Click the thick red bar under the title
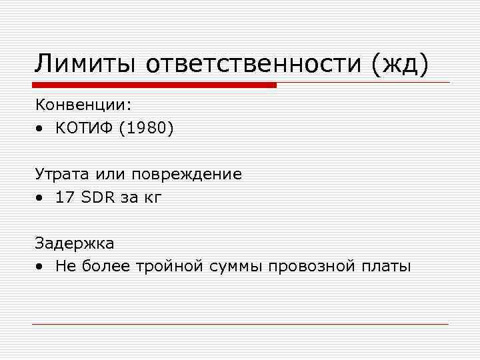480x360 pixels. click(x=154, y=85)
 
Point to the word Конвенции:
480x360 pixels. click(x=84, y=105)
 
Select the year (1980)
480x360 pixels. click(x=147, y=128)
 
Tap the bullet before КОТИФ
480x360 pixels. click(x=41, y=129)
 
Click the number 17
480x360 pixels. click(x=65, y=197)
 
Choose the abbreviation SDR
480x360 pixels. click(x=97, y=197)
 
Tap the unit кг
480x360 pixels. click(x=153, y=198)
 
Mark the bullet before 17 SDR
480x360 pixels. click(x=41, y=198)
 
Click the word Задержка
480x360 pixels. click(x=75, y=244)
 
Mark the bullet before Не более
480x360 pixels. click(x=41, y=267)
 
